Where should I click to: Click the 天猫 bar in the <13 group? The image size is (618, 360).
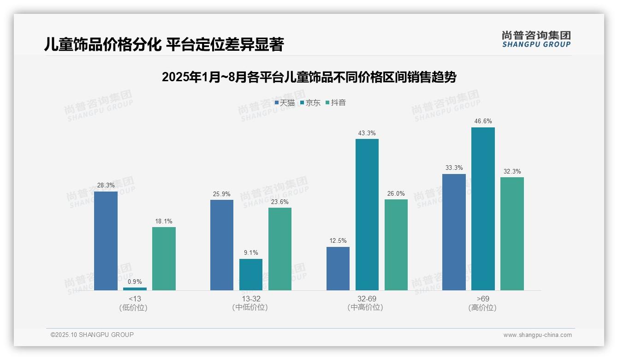106,240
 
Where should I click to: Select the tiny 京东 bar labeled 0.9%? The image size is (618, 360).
135,289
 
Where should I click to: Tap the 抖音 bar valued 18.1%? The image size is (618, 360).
164,258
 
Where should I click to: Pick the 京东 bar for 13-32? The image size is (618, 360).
251,275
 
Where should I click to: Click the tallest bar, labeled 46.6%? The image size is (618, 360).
483,209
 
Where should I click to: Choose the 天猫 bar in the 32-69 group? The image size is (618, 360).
338,269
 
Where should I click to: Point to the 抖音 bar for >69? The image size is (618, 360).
512,234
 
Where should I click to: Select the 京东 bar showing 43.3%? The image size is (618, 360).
367,215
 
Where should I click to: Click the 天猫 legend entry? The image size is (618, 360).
285,102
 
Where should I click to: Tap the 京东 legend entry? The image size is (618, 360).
310,102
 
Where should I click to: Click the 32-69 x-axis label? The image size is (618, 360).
367,299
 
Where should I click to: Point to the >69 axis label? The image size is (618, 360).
482,299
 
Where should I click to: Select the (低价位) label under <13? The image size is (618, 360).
133,307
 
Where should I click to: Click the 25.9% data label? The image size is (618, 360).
221,194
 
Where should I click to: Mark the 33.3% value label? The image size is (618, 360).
454,168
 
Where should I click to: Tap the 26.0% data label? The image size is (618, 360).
396,194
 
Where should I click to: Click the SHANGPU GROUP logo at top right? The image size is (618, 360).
536,39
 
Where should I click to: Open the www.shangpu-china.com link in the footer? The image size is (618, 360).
537,335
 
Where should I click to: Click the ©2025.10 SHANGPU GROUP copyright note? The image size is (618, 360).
92,335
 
